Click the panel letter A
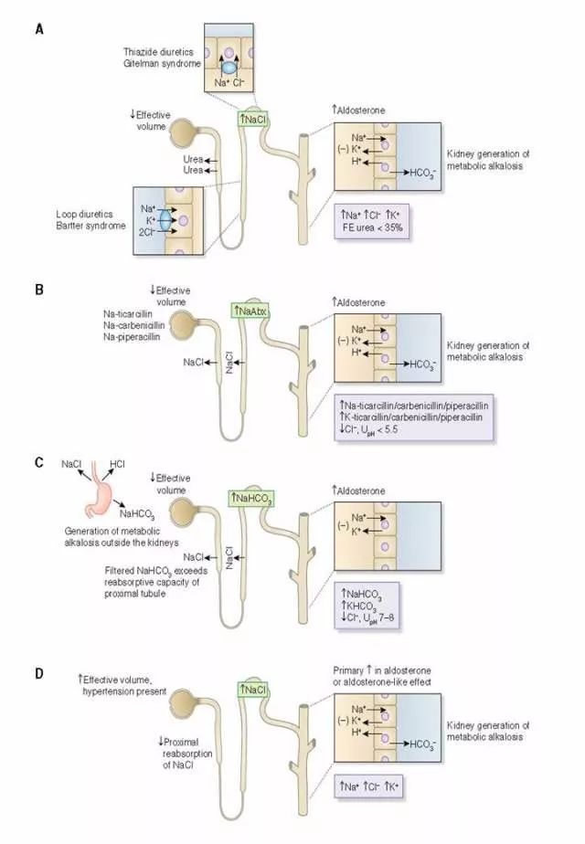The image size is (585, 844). coord(38,28)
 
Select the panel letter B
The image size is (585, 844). coord(38,291)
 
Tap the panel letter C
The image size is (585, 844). coord(38,463)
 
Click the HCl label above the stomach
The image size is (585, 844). coord(117,465)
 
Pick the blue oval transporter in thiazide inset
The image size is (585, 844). coord(227,68)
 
